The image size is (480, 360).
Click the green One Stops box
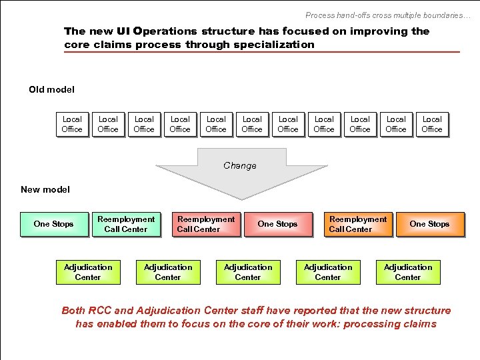[x=53, y=224]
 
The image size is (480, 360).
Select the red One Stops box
[x=277, y=224]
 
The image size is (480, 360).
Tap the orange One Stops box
[x=429, y=224]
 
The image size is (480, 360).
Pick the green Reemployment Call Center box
[x=126, y=224]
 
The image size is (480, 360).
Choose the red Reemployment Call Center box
[x=205, y=224]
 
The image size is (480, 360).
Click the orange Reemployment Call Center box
[x=357, y=224]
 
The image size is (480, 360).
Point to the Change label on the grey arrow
[x=240, y=165]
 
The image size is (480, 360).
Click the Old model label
[x=51, y=89]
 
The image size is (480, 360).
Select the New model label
[x=45, y=189]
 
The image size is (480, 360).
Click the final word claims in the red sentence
[x=419, y=324]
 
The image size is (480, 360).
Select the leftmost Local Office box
[x=72, y=125]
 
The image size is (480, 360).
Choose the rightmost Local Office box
[x=432, y=125]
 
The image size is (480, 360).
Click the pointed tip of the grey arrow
[x=241, y=198]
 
